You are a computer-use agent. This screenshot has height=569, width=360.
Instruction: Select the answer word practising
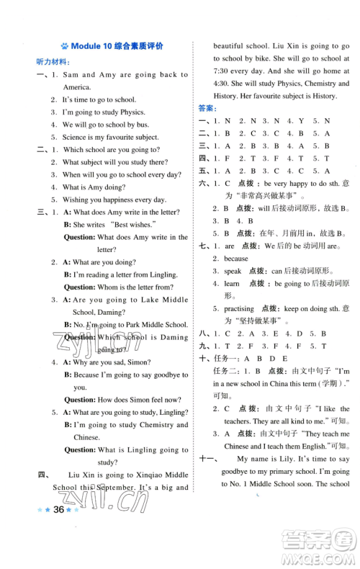coord(240,308)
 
